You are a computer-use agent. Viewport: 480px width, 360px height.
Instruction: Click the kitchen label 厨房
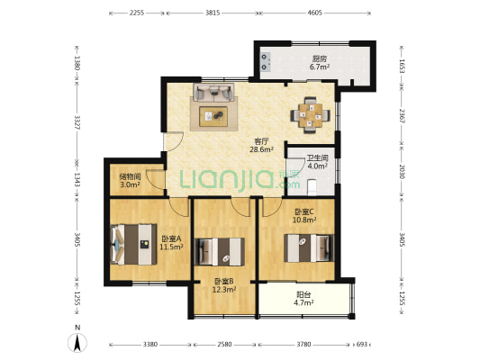click(320, 58)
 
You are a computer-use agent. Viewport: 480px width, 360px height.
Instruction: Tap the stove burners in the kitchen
click(266, 61)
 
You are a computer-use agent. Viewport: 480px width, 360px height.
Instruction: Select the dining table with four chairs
click(311, 115)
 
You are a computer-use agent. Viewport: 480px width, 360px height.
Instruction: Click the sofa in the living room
click(213, 93)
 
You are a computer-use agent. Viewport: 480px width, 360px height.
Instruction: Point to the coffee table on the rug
click(213, 116)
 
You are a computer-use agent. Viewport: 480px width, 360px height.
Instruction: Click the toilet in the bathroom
click(312, 187)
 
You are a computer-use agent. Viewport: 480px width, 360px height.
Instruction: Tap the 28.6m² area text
click(261, 149)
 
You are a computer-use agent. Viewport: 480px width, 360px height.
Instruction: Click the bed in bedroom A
click(134, 245)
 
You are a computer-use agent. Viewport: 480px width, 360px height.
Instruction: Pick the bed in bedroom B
click(220, 251)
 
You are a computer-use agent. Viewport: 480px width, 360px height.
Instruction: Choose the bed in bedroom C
click(309, 247)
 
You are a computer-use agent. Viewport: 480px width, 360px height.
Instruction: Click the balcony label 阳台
click(303, 294)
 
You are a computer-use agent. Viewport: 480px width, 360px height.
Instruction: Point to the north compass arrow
click(77, 343)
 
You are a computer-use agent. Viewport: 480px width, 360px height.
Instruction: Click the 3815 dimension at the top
click(213, 13)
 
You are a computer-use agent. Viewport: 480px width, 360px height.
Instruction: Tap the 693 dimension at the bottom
click(361, 345)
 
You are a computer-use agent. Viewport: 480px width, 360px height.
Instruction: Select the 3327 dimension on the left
click(77, 122)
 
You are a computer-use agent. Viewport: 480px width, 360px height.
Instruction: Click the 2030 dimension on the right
click(402, 171)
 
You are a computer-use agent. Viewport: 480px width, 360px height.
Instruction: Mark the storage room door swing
click(156, 179)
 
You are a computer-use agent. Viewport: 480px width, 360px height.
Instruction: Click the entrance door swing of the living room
click(173, 141)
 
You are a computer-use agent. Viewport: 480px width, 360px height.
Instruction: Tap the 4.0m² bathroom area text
click(318, 166)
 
